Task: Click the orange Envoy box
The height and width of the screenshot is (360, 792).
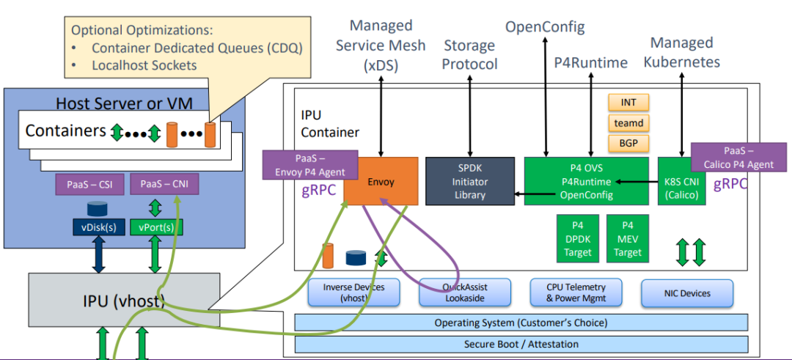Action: pos(381,181)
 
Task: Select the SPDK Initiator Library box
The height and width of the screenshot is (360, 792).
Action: pos(469,181)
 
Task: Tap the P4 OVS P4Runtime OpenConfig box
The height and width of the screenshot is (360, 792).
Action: pos(586,181)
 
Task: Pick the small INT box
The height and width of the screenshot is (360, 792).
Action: pos(628,102)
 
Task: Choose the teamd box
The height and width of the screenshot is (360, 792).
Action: pos(628,122)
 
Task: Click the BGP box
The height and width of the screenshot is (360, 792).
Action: pos(628,143)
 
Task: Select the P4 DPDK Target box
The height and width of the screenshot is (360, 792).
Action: pos(577,238)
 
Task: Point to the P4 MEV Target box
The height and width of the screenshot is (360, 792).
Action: pos(627,238)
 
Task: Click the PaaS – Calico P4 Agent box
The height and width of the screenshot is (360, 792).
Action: pos(738,157)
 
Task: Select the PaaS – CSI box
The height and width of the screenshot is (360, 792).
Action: pos(88,184)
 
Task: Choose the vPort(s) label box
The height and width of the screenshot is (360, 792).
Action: pos(156,227)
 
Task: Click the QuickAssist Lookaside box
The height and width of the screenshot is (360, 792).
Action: pos(466,293)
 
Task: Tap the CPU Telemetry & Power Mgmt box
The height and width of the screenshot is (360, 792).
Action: pos(576,293)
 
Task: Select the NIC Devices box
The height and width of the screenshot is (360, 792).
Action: pos(686,293)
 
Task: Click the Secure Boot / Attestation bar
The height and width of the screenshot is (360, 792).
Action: pos(521,344)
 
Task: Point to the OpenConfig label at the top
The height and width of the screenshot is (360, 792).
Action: pos(544,28)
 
